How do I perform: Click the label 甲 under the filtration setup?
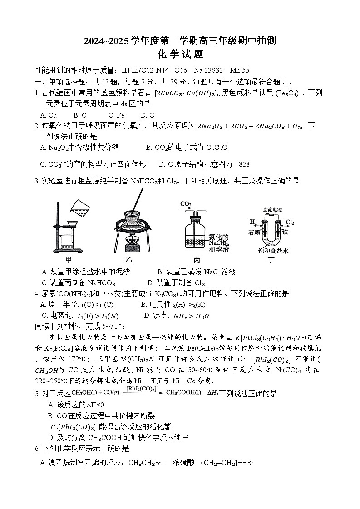69,260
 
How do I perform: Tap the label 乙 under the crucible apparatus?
128,260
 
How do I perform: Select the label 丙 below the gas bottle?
197,260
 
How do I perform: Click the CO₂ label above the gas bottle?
186,204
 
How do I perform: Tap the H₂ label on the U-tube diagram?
253,222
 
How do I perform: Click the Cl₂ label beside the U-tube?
290,222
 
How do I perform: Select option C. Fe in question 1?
116,115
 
